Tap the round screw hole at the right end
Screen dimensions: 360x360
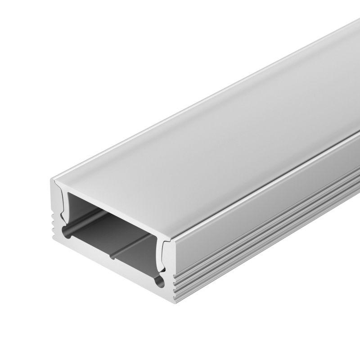pos(158,282)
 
